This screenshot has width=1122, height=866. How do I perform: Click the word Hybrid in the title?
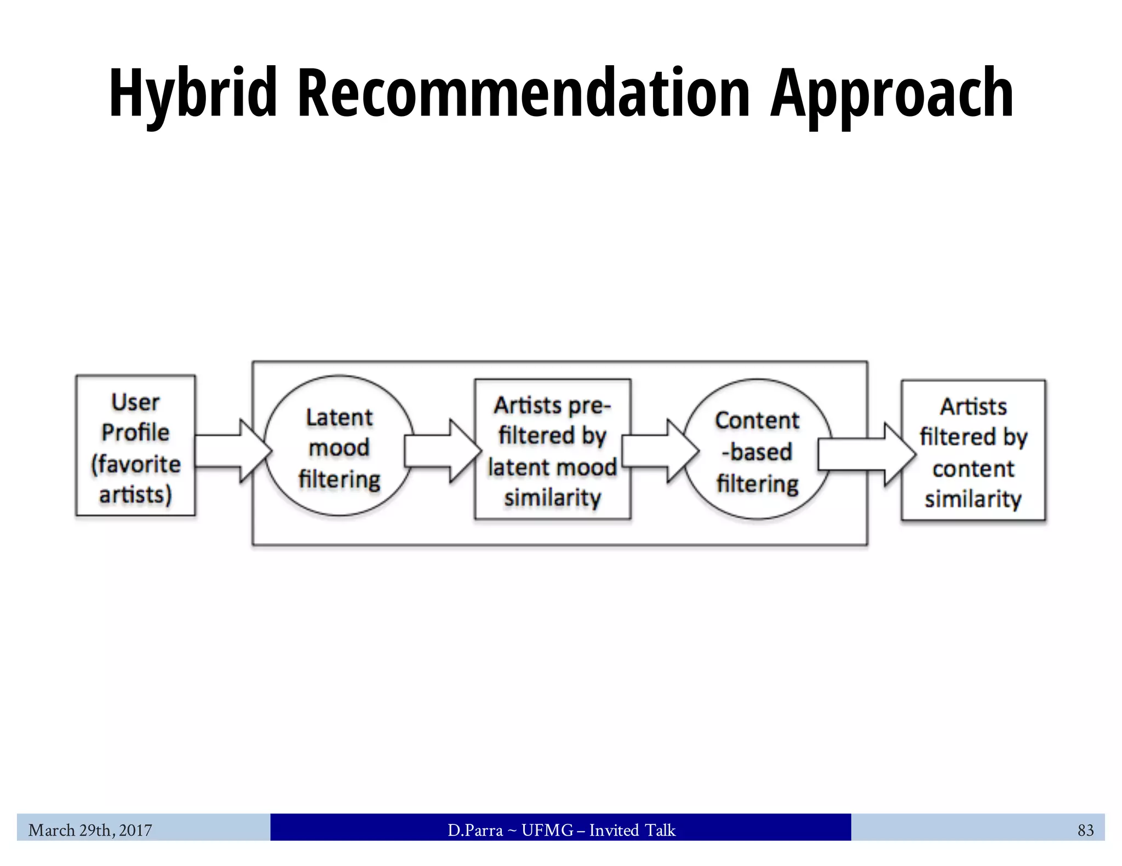[193, 93]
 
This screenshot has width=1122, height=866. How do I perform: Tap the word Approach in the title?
[892, 93]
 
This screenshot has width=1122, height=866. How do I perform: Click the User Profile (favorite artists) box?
[135, 446]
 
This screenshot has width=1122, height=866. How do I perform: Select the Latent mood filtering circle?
[339, 446]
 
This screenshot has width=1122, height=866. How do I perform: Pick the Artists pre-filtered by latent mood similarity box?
[552, 449]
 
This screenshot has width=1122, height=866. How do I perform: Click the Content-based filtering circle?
[757, 449]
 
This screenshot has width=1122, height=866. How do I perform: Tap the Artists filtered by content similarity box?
[973, 451]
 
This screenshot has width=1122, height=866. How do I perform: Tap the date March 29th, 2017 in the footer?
[90, 830]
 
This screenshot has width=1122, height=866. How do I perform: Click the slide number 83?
[1085, 830]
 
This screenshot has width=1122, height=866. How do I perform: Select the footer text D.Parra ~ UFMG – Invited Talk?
[561, 830]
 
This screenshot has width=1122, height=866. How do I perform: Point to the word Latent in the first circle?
[339, 418]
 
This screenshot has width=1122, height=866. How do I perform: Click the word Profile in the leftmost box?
[135, 432]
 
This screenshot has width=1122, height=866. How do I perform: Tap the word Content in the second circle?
[757, 420]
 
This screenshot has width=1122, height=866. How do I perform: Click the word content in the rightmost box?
[973, 469]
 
